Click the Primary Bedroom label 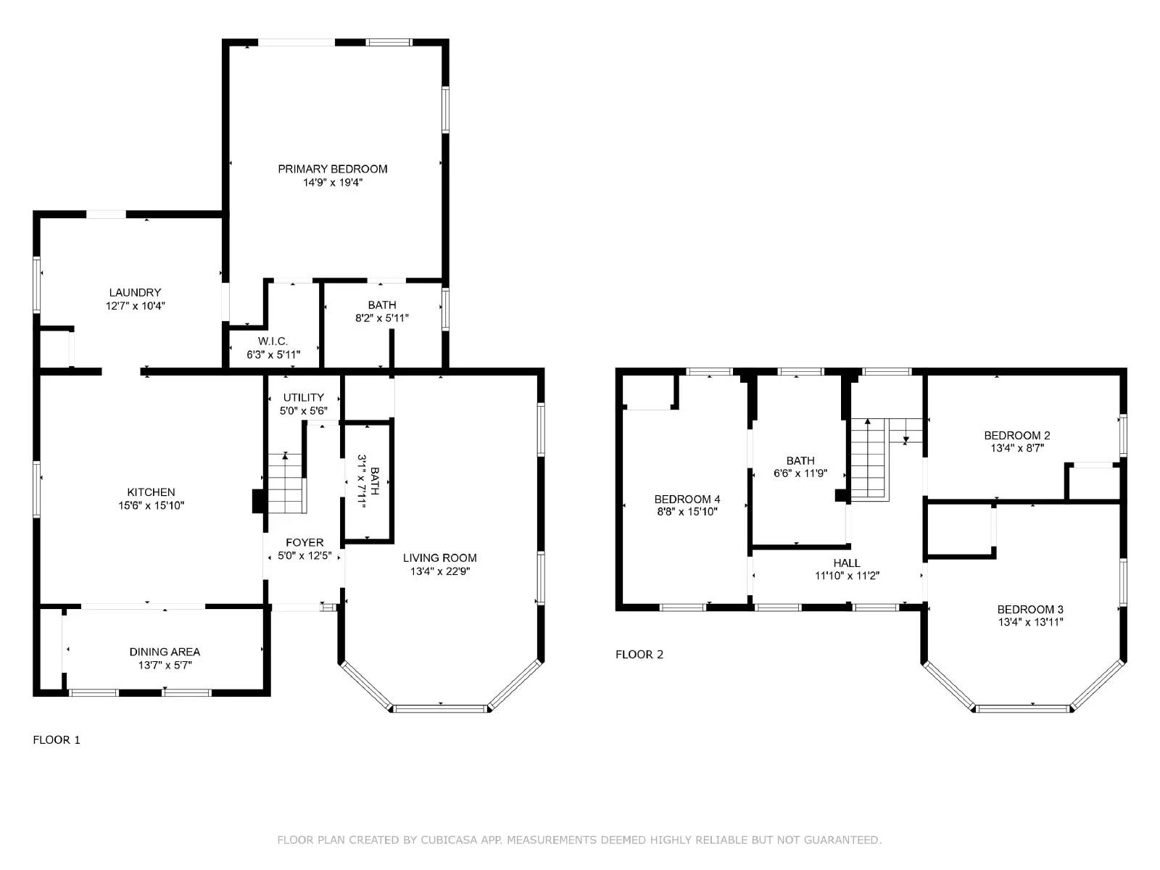click(332, 169)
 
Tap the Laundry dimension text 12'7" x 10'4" click(136, 306)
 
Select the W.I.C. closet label click(273, 341)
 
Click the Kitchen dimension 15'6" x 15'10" click(151, 505)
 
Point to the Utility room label click(303, 397)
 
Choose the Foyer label click(304, 542)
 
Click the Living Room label click(439, 558)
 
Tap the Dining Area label click(165, 652)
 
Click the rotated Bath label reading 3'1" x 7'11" click(368, 481)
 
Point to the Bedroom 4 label click(687, 500)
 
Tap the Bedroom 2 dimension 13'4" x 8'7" click(1017, 448)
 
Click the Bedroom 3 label click(1030, 609)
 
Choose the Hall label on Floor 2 click(847, 563)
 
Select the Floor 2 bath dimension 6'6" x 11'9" click(800, 473)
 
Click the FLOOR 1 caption click(57, 739)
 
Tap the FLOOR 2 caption click(639, 655)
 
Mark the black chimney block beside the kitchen click(259, 501)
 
